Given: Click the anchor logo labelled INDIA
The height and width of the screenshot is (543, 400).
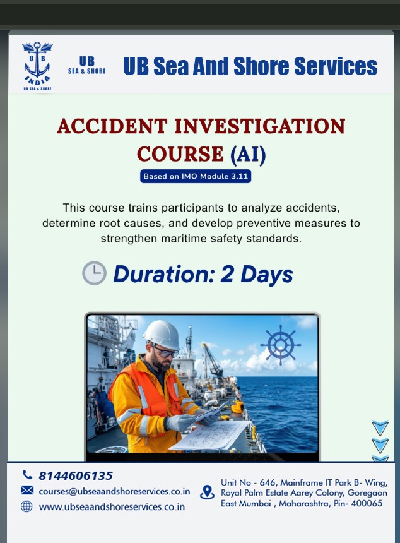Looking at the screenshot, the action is point(37,66).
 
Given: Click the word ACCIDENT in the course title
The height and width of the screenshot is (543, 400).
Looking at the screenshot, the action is point(112,126).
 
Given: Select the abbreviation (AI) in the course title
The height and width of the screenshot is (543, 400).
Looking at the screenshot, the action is point(248,154).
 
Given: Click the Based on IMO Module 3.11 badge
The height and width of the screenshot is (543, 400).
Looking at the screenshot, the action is point(196,176).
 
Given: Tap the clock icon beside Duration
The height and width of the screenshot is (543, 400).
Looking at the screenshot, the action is point(94,273).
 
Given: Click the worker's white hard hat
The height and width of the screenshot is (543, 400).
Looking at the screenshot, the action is point(162,334).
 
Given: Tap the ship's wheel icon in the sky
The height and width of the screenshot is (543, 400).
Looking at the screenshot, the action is point(281,345).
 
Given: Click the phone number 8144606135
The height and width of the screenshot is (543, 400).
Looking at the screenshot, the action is point(76,476).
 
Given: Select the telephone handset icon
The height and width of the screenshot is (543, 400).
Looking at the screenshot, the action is point(27,474).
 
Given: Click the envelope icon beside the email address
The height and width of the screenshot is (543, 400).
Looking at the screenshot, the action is point(27,490).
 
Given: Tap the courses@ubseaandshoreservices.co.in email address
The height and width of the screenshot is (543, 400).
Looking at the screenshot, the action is point(114,491).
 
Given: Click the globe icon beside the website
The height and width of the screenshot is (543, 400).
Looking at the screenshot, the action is point(26,506).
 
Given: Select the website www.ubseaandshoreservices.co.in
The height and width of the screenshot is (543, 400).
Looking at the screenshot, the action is point(112,507).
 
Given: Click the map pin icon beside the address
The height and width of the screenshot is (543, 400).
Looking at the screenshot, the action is point(207,492).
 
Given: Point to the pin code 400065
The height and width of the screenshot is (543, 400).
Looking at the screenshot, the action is point(367,503).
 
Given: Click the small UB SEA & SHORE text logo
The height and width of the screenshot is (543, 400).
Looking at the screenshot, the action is point(87,65).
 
